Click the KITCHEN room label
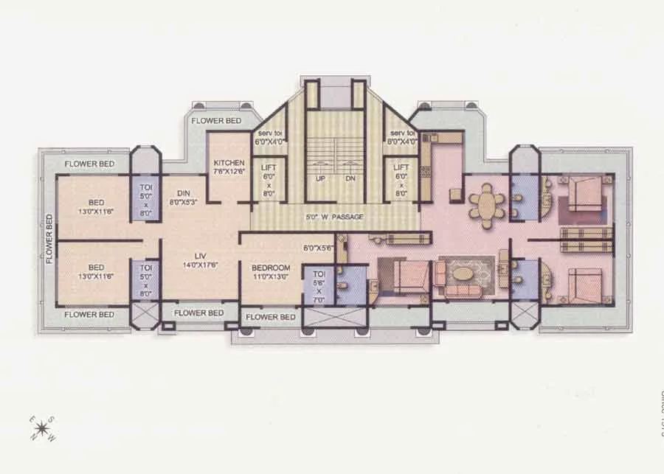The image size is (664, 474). click(229, 163)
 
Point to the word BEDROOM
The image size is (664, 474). click(270, 268)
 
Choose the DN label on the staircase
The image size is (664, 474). click(349, 179)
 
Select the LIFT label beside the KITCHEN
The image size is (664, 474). click(269, 168)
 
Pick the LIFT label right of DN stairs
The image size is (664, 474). click(401, 168)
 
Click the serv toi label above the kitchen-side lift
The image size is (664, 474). click(269, 133)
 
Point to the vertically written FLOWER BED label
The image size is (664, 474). click(49, 239)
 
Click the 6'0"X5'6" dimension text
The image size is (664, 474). click(318, 248)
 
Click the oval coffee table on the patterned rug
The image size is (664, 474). click(465, 273)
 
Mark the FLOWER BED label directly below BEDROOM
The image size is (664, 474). click(270, 317)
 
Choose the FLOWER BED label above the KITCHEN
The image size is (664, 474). click(215, 121)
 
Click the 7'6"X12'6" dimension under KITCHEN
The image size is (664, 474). click(229, 172)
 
